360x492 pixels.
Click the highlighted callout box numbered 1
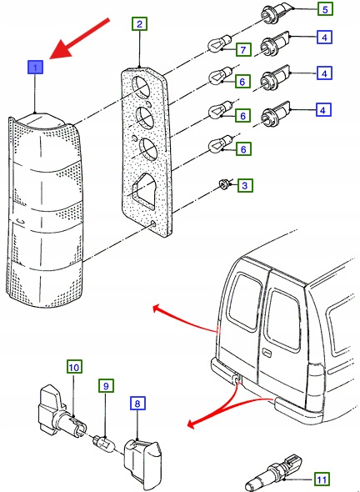pyautogui.click(x=36, y=68)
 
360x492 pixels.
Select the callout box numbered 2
pyautogui.click(x=139, y=24)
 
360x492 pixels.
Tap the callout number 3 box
pyautogui.click(x=245, y=185)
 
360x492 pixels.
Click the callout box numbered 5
pyautogui.click(x=325, y=9)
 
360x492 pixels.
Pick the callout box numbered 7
pyautogui.click(x=243, y=49)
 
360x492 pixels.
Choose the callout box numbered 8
pyautogui.click(x=137, y=404)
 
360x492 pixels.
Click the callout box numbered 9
pyautogui.click(x=106, y=385)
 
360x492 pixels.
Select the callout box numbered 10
pyautogui.click(x=74, y=367)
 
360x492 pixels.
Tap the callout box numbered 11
pyautogui.click(x=322, y=479)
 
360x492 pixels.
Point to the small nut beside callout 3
pyautogui.click(x=224, y=183)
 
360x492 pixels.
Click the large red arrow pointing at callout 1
pyautogui.click(x=80, y=38)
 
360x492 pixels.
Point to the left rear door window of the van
pyautogui.click(x=245, y=300)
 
